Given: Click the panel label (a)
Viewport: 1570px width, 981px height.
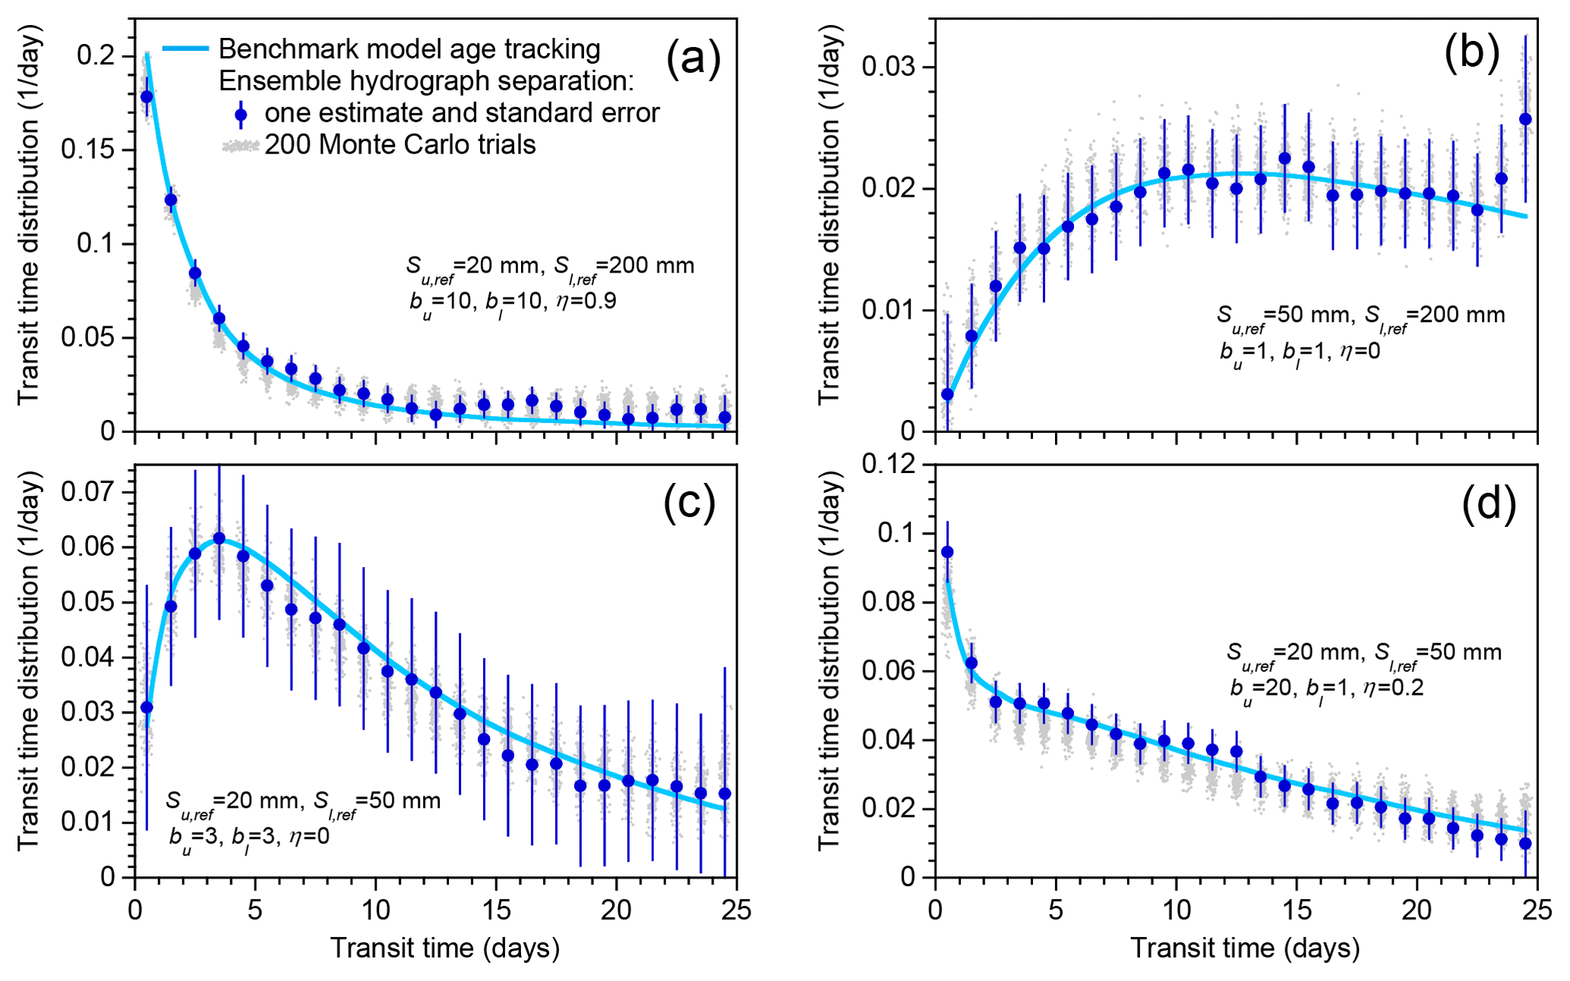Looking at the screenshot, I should tap(693, 58).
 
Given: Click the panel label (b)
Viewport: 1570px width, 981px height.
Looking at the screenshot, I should tap(1471, 53).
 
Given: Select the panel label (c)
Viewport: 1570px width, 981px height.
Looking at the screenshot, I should tap(689, 502).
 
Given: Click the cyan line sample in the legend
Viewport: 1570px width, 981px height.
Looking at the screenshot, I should tap(185, 49).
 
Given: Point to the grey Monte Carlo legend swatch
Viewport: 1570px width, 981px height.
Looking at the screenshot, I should tap(241, 145).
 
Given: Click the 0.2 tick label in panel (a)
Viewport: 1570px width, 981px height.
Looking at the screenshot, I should tap(96, 55).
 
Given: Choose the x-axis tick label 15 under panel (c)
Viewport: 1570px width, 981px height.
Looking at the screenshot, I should tap(495, 910).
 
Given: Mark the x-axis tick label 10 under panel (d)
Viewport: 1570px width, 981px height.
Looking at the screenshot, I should tap(1175, 910).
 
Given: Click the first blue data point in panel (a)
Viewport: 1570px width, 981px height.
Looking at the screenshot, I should tap(147, 96).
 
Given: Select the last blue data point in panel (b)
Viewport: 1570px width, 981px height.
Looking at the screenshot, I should tap(1524, 119).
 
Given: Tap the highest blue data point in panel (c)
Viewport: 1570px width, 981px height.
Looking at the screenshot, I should tap(219, 538).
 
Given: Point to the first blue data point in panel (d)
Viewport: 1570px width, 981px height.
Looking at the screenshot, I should tap(947, 552).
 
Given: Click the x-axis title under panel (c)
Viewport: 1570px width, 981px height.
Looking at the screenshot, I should tap(444, 948).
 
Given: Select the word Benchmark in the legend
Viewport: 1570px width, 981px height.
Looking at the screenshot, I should tap(276, 49).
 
